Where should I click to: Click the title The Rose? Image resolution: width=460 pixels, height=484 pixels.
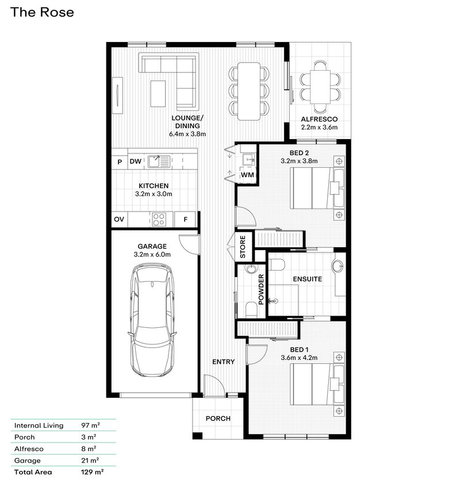pyautogui.click(x=42, y=12)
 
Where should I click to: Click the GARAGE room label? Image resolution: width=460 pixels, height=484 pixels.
pyautogui.click(x=152, y=246)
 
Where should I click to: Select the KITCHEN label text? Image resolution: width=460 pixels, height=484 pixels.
pyautogui.click(x=153, y=186)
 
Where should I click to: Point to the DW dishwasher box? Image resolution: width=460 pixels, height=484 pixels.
pyautogui.click(x=135, y=162)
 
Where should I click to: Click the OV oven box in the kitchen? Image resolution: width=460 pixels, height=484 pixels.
pyautogui.click(x=119, y=219)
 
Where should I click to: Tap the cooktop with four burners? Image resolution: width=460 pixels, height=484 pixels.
pyautogui.click(x=159, y=219)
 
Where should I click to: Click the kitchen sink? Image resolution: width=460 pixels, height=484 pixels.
pyautogui.click(x=156, y=161)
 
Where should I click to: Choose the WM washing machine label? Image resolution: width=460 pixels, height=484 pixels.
pyautogui.click(x=247, y=174)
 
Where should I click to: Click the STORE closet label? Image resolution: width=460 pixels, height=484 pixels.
pyautogui.click(x=243, y=246)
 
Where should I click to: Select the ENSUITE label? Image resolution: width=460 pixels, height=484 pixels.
pyautogui.click(x=307, y=279)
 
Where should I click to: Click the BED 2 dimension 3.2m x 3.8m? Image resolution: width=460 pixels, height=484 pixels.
pyautogui.click(x=299, y=161)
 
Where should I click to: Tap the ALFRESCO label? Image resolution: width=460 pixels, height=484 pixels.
pyautogui.click(x=319, y=120)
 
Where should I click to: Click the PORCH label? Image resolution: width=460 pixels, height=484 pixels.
pyautogui.click(x=218, y=418)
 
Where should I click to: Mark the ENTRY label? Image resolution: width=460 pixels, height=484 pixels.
pyautogui.click(x=223, y=362)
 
